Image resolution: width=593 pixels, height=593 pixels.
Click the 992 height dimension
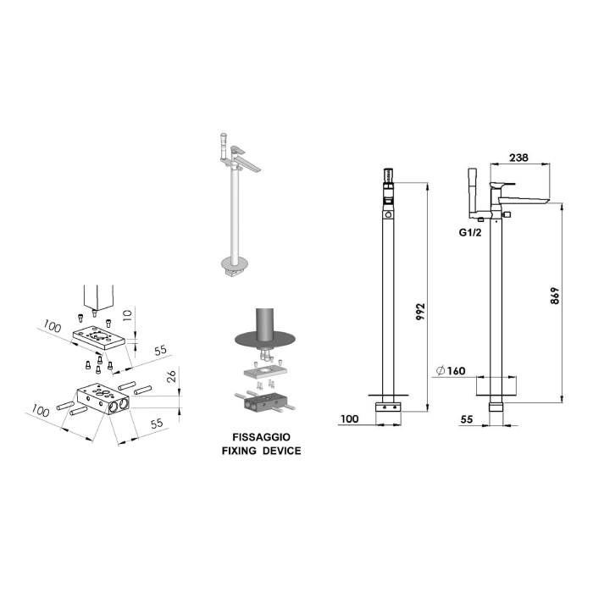click(420, 312)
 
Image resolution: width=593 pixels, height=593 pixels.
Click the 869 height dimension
click(554, 296)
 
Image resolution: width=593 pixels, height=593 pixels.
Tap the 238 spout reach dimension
click(518, 158)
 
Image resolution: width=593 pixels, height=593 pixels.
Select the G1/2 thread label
click(470, 233)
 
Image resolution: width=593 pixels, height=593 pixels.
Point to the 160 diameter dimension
click(451, 371)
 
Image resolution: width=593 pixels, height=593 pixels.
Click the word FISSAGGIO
click(261, 437)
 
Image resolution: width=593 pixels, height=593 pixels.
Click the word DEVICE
click(282, 451)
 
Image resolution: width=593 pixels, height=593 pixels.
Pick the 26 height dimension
click(172, 376)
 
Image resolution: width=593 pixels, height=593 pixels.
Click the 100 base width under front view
click(349, 419)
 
